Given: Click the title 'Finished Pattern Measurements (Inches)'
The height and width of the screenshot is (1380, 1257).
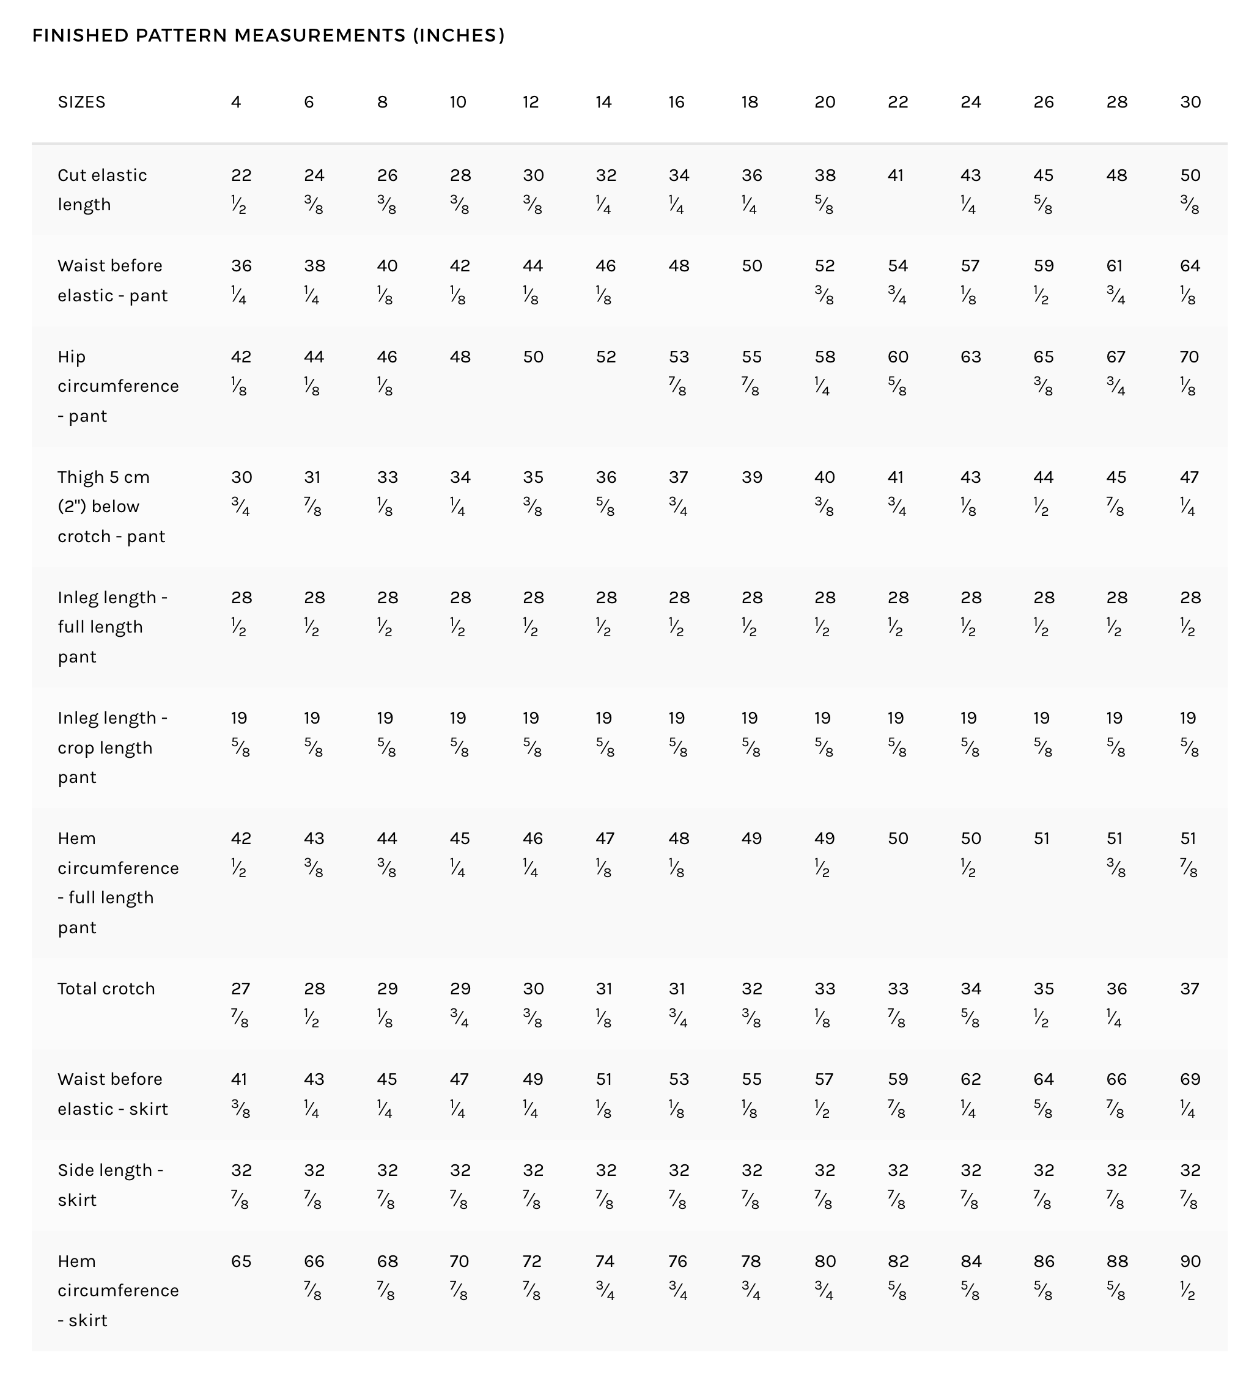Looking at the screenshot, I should point(268,35).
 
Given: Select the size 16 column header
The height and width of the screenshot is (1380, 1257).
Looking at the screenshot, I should point(676,102).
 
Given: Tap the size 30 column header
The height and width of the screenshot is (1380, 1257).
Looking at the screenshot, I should point(1190,102).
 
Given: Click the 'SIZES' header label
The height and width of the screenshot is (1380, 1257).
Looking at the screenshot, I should point(81,102).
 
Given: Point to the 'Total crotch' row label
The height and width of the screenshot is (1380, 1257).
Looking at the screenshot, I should point(106,988).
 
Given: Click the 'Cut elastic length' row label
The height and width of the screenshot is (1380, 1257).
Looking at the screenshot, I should point(102,189).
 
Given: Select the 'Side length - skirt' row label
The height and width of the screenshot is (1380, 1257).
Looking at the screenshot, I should point(110,1185).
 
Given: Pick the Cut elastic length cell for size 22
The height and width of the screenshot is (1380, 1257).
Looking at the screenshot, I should point(896,176).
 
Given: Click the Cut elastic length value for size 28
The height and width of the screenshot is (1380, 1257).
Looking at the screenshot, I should point(1116,176).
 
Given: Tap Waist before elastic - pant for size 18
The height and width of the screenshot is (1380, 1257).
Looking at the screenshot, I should point(752,266).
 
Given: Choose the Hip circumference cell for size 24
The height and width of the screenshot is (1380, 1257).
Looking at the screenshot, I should point(970,358).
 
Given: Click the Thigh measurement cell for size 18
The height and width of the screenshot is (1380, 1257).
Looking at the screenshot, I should point(752,477).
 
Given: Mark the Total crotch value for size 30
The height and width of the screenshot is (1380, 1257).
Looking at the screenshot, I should point(1189,988).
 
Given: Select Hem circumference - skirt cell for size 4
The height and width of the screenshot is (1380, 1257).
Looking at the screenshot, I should point(241,1261).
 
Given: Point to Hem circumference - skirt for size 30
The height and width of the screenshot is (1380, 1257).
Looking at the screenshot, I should point(1190,1275).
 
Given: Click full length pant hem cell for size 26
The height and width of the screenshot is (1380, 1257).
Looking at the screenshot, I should point(1041,839).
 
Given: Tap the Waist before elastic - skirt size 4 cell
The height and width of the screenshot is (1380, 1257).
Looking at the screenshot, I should point(240,1093).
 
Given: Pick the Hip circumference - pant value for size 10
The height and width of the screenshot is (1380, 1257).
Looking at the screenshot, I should point(460,358).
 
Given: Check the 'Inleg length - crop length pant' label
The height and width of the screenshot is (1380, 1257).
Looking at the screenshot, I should point(112,747).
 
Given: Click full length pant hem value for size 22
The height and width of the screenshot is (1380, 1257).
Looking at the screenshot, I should point(898,839).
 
